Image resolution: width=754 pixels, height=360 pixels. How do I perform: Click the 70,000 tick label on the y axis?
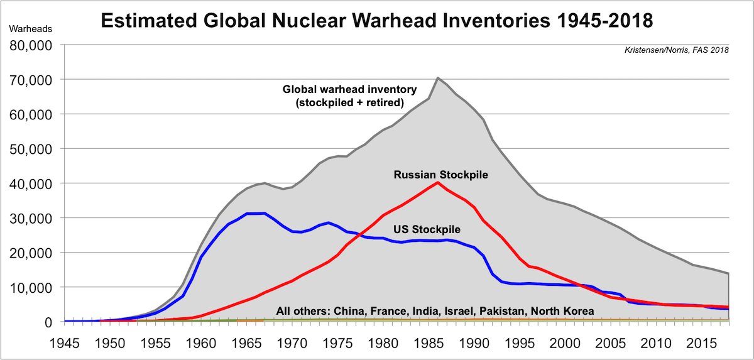[x=31, y=80]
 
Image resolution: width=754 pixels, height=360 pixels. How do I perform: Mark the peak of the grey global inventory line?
[x=437, y=78]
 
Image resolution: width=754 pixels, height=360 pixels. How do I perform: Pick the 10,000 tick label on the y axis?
[x=31, y=287]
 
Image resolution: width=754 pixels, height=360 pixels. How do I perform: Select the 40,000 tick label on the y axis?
[x=31, y=183]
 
